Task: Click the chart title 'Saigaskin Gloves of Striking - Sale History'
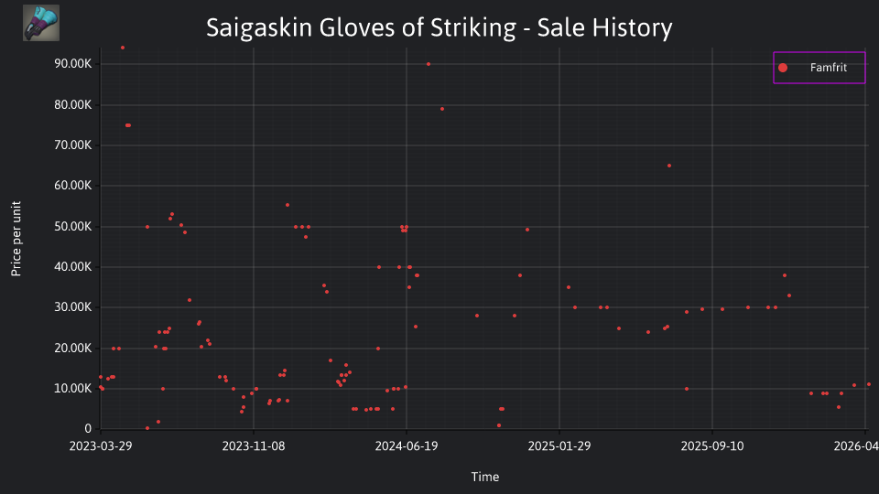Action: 439,27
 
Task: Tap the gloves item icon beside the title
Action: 41,23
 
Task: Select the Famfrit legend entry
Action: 819,68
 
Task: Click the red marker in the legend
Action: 783,68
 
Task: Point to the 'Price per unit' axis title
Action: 16,239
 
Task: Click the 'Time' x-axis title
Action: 485,477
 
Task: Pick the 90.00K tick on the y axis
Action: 73,64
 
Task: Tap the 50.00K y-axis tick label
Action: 73,226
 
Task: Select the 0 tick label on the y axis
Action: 88,428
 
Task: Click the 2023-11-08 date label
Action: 254,446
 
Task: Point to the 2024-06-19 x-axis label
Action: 407,446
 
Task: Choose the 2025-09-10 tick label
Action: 712,446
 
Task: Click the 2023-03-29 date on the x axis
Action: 101,446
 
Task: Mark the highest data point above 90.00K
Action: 123,48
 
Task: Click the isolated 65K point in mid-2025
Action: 669,166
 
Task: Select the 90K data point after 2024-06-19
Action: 429,64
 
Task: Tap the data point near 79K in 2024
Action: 442,109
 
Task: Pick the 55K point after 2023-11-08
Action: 288,205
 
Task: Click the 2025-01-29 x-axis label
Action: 559,446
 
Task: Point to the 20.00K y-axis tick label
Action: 73,348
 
